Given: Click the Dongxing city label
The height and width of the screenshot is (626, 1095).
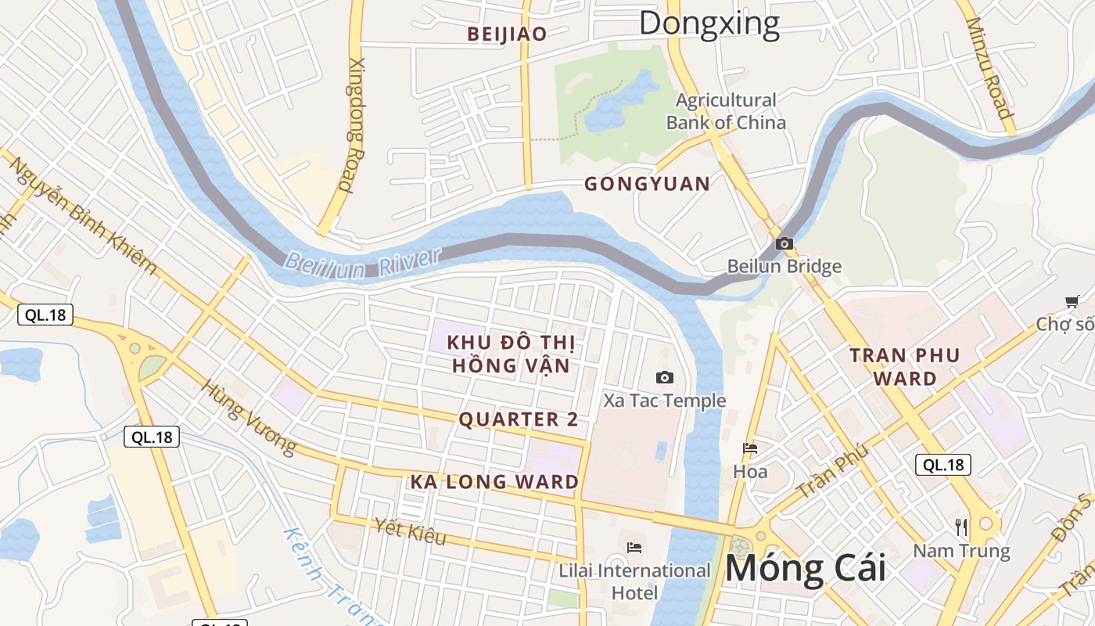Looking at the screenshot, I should [709, 23].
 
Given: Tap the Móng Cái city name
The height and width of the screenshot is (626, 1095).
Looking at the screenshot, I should [805, 568].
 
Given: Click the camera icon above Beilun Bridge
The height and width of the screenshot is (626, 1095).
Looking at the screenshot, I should [784, 244].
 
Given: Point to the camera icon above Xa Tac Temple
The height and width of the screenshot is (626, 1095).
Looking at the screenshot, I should [664, 378].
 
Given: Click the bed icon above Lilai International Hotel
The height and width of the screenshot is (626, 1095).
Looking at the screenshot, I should [634, 547].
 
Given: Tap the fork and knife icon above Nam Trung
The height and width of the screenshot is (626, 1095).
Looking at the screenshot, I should [961, 527].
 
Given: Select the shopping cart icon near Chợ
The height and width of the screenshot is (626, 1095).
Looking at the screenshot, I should [1072, 302].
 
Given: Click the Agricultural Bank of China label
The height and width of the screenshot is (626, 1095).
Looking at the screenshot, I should [726, 111].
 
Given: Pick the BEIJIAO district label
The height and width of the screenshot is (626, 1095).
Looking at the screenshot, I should [507, 34].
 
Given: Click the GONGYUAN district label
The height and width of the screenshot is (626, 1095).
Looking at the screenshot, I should [648, 184].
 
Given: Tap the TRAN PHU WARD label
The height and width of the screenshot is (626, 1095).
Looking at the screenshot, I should [905, 366].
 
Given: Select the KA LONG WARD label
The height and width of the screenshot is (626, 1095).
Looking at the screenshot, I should [494, 482].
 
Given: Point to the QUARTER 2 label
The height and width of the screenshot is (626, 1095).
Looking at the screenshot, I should [519, 419].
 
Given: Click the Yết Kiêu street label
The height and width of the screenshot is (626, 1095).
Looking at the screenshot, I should [411, 532].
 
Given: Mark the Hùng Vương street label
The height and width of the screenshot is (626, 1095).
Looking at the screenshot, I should [250, 418].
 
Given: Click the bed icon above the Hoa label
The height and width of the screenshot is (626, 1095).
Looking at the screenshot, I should [750, 449].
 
